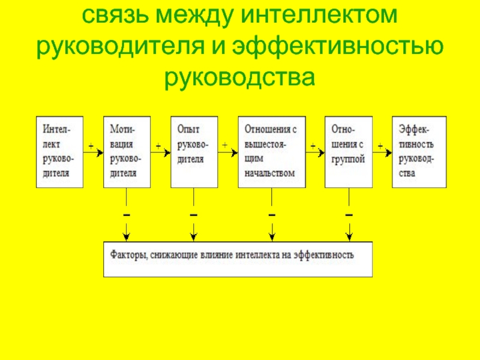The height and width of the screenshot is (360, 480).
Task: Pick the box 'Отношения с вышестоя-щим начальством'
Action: point(272,151)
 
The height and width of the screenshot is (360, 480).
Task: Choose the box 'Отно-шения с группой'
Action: point(348,151)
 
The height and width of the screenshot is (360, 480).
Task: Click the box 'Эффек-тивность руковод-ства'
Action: point(419,151)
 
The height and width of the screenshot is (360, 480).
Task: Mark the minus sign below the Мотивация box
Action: point(126,214)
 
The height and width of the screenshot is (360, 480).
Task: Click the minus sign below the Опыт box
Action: point(193,214)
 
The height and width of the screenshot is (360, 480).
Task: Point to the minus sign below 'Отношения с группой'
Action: point(349,214)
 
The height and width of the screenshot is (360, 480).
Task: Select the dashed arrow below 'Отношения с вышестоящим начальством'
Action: point(272,228)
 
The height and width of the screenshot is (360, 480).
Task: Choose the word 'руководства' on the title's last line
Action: point(240,77)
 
